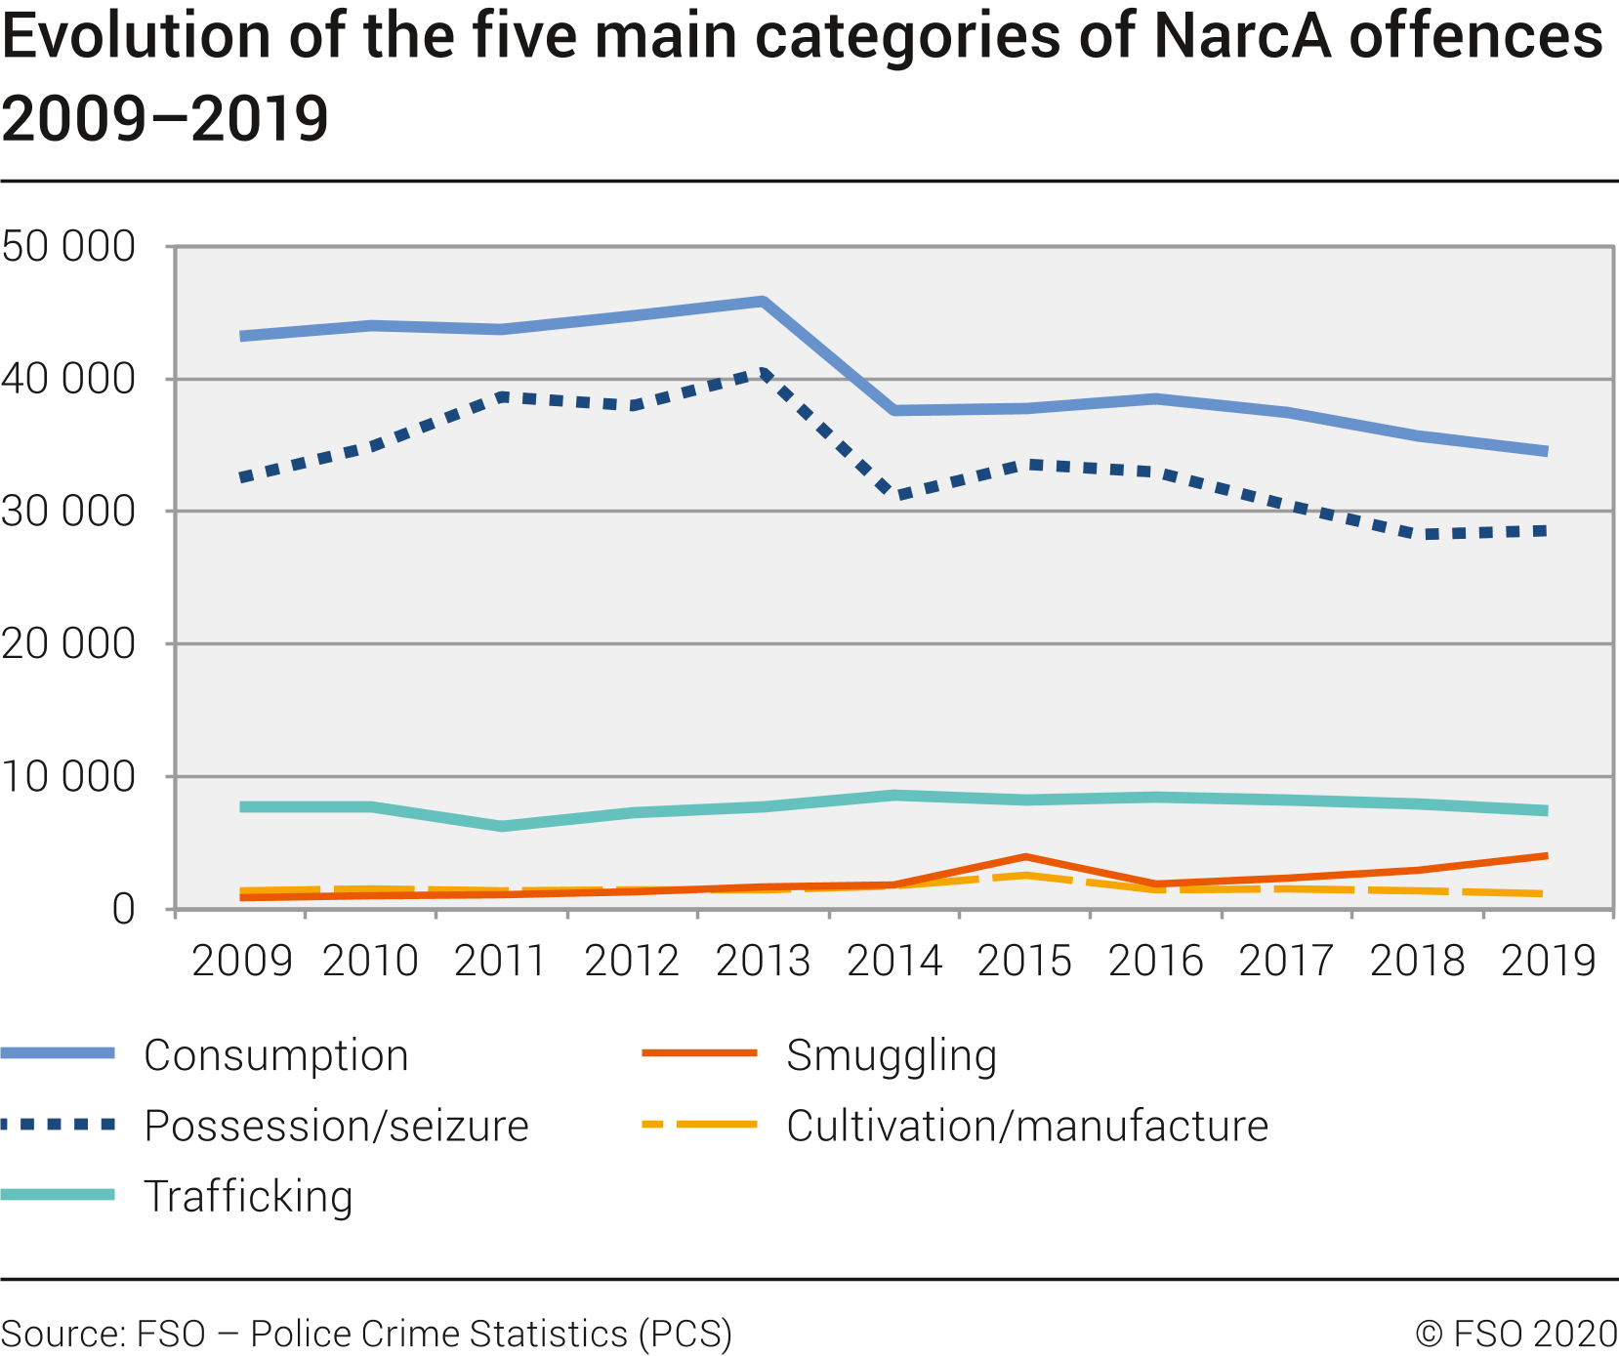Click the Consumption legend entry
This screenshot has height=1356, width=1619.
[275, 1055]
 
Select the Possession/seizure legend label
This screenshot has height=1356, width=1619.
[336, 1126]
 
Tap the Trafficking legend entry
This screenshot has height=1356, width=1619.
[248, 1196]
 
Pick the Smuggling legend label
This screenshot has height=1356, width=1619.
[891, 1055]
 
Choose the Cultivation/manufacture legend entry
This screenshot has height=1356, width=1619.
[1027, 1126]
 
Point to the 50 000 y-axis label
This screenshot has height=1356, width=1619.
[68, 246]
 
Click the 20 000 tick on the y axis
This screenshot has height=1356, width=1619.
[68, 643]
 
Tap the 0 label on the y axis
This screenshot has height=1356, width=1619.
[123, 909]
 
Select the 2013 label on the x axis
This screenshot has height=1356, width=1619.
[763, 962]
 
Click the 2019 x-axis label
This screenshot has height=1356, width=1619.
[1548, 962]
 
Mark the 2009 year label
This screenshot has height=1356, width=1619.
[241, 962]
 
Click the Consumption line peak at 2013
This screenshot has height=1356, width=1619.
[763, 302]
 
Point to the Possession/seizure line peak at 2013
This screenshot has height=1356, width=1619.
[764, 374]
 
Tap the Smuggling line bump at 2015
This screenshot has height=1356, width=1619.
[1025, 857]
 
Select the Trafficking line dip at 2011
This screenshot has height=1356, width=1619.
[502, 826]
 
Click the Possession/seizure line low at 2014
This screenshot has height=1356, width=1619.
[894, 494]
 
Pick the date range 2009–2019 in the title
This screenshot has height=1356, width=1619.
[164, 119]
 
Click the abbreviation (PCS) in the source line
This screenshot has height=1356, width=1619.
[685, 1334]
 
